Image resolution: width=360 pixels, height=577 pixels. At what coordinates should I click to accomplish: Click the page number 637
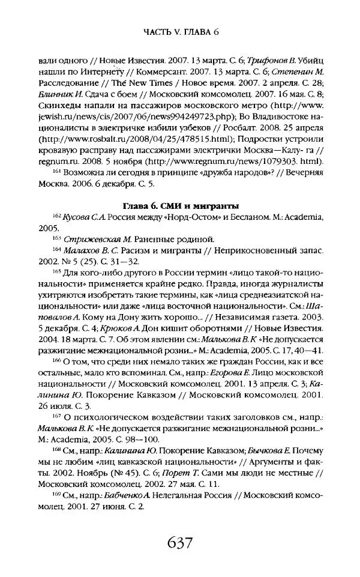point(180,543)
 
